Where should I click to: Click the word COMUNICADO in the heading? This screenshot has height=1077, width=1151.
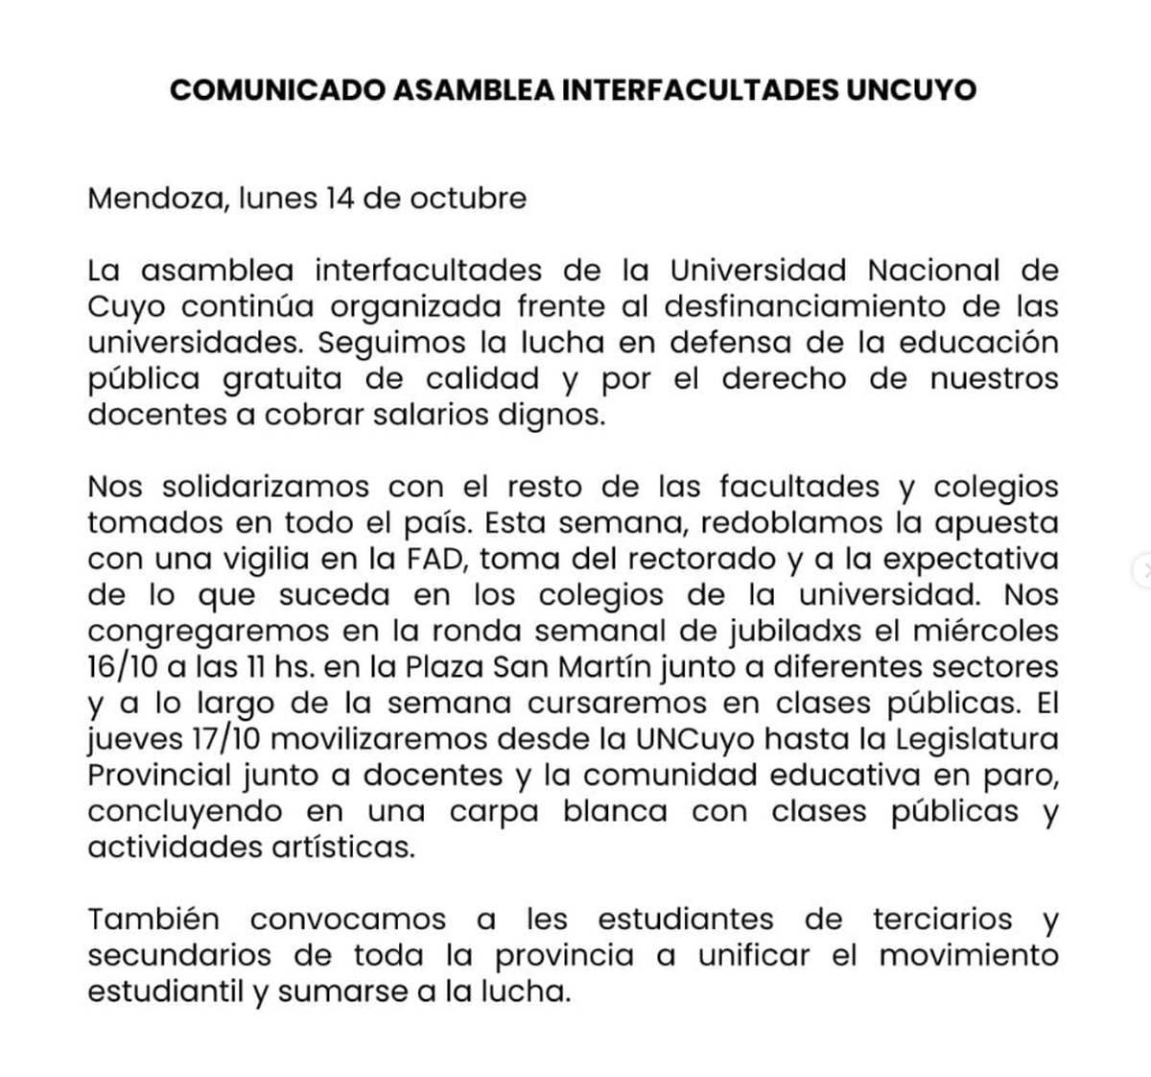pyautogui.click(x=278, y=90)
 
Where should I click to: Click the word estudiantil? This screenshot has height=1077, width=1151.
pyautogui.click(x=167, y=992)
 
